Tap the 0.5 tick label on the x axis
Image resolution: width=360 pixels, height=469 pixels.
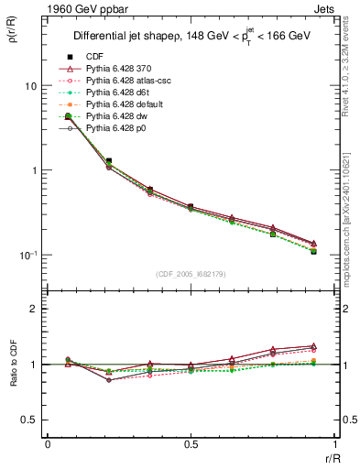click(190, 444)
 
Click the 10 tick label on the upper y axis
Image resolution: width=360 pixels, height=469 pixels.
click(29, 86)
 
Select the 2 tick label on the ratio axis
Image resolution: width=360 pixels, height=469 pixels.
click(34, 310)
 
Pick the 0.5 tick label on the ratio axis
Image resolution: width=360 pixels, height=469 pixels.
click(28, 420)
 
